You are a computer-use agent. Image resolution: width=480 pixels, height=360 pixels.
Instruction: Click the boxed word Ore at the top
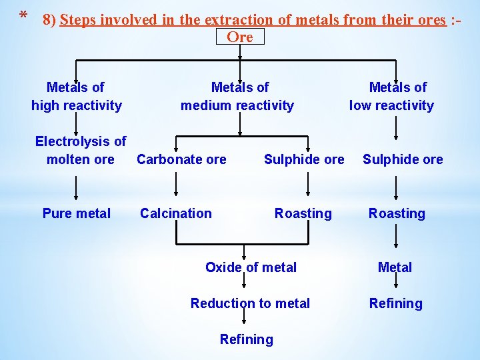click(x=240, y=37)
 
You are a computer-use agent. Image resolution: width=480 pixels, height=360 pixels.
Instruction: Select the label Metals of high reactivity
click(x=76, y=96)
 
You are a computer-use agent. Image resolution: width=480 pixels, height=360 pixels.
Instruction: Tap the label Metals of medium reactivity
click(x=237, y=96)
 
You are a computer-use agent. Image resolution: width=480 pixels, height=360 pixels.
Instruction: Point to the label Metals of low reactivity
click(x=392, y=96)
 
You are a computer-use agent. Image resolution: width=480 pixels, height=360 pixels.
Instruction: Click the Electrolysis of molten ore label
click(x=80, y=150)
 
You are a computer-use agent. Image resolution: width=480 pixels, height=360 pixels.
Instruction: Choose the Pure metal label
click(x=76, y=213)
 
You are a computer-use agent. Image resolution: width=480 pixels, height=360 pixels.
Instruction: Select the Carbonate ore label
click(x=181, y=159)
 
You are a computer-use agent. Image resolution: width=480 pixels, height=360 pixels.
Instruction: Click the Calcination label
click(x=175, y=213)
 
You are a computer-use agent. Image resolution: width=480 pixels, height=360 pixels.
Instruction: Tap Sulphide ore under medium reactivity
click(x=304, y=159)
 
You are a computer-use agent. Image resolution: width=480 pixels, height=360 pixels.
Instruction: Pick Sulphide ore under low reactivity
click(x=403, y=159)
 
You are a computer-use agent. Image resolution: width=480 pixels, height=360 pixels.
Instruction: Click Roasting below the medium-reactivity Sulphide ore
click(x=303, y=213)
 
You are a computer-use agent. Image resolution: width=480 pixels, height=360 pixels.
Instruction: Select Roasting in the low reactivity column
click(x=397, y=213)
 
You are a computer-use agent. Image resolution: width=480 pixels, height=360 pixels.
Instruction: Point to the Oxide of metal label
click(x=251, y=267)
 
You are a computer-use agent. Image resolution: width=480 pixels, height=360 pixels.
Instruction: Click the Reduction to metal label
click(x=250, y=303)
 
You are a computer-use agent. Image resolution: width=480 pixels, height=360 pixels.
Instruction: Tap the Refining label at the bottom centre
click(x=246, y=339)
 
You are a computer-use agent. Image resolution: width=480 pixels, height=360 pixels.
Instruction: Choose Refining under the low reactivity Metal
click(x=396, y=303)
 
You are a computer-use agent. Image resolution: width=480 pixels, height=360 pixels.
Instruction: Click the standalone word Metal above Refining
click(x=395, y=267)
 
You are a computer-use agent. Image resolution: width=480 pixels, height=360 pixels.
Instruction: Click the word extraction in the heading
click(x=234, y=19)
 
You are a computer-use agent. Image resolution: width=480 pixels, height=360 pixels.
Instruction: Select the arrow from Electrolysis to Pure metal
click(x=76, y=187)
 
